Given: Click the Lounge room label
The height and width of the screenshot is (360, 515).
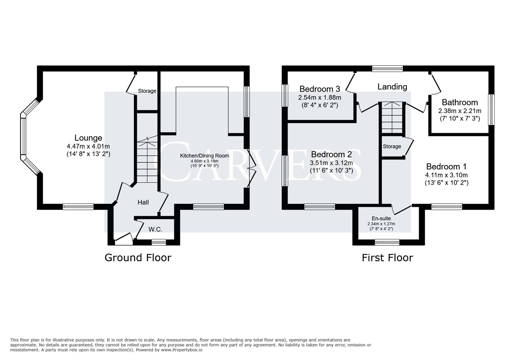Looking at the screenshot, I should coord(88,138).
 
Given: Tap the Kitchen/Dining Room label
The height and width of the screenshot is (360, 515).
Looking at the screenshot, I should coord(204,156).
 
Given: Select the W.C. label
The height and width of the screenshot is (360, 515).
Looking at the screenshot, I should coord(155,229).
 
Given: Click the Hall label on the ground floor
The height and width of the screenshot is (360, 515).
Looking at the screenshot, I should coord(143,202).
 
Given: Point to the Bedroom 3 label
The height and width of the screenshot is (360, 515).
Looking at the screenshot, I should coord(320,89).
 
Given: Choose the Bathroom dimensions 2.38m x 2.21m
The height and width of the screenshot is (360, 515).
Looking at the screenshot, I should coord(460,111).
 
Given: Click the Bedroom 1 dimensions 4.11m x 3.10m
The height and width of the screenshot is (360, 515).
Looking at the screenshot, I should coord(446,175).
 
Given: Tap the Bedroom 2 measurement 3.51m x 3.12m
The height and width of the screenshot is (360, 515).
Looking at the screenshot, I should coord(331,163).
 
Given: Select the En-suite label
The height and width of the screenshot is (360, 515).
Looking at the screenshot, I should coord(381,218).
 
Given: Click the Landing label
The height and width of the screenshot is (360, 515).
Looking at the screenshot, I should coord(392,87).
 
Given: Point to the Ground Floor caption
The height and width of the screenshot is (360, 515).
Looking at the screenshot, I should coord(138,258).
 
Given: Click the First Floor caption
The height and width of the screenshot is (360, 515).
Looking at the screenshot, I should coord(387,258).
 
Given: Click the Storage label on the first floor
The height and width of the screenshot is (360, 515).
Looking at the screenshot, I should coord(392,146).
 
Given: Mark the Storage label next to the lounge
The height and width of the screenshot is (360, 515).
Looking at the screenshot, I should coord(147,91).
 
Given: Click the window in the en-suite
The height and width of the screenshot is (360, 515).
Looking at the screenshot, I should coord(387,242).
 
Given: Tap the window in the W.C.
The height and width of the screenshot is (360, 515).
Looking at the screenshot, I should coord(159,242).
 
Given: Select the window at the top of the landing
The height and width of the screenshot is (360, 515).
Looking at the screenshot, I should coord(388,69).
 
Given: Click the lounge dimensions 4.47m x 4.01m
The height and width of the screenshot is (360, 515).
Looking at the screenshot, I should coord(88,146).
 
